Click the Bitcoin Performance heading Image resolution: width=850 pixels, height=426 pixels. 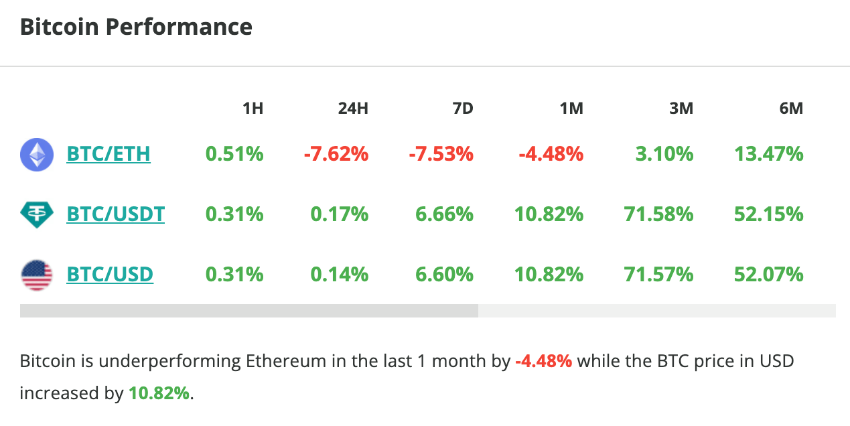point(136,27)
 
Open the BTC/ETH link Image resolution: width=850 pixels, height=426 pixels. point(109,154)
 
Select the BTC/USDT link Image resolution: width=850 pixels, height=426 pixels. point(116,214)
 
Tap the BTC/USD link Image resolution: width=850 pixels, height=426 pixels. point(110,275)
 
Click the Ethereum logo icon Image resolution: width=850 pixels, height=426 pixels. point(37,155)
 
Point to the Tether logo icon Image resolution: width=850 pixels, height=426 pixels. point(37,214)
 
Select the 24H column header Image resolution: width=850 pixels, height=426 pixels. point(353,109)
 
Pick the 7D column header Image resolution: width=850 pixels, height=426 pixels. point(462,109)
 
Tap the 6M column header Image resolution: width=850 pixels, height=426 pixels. point(791,109)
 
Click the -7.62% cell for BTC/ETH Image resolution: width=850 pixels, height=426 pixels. point(336,154)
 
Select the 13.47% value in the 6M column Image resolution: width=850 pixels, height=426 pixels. point(769,154)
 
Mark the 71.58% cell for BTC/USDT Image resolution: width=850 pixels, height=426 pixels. point(658,214)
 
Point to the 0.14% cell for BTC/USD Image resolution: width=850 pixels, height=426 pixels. point(340,275)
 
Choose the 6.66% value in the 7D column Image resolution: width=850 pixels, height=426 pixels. point(445,214)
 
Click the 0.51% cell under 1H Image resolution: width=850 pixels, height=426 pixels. point(234,154)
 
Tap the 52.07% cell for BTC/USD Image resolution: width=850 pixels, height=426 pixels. point(769,275)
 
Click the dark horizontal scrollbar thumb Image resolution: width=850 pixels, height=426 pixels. point(249,311)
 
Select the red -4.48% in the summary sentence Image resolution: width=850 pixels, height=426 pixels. point(543,362)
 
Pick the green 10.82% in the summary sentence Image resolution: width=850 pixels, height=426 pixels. point(159,393)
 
